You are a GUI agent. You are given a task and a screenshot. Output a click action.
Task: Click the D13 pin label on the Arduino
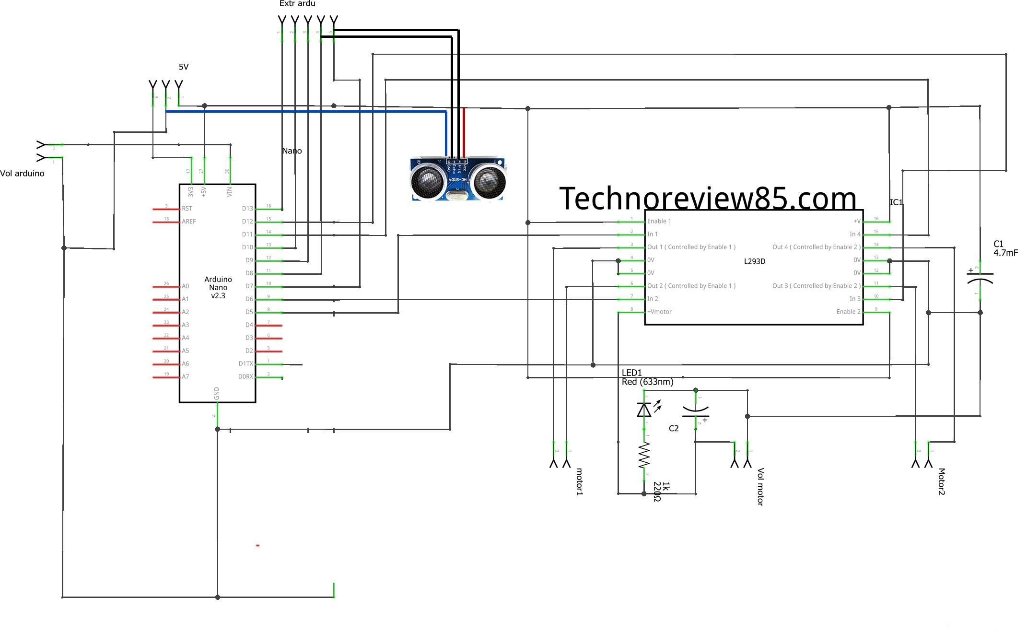(x=247, y=209)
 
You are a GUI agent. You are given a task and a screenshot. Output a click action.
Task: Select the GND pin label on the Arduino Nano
(x=217, y=394)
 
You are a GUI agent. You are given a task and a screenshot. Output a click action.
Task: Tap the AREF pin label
(x=189, y=222)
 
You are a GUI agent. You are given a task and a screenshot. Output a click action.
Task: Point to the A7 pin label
(x=185, y=377)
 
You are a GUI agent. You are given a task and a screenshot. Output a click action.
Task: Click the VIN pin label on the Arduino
(x=230, y=191)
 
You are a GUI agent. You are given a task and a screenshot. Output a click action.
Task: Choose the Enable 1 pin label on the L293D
(x=659, y=222)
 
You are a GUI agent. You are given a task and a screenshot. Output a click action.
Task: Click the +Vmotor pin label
(x=659, y=312)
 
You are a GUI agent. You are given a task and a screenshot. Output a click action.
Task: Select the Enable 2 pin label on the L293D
(x=848, y=312)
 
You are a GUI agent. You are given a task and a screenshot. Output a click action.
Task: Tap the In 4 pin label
(x=855, y=234)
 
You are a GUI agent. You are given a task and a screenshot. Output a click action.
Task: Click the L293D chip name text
(x=754, y=261)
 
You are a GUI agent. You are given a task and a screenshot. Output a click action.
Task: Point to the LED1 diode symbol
(x=644, y=410)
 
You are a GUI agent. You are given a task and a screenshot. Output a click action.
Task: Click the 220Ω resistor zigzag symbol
(x=644, y=456)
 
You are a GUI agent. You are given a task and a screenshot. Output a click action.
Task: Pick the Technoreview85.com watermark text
(x=708, y=199)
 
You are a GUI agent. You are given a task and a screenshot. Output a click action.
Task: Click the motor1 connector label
(x=579, y=481)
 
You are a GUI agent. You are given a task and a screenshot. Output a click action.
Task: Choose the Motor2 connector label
(x=941, y=481)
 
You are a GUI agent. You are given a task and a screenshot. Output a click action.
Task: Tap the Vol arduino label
(x=22, y=174)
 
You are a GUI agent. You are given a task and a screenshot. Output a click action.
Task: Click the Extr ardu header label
(x=297, y=4)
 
